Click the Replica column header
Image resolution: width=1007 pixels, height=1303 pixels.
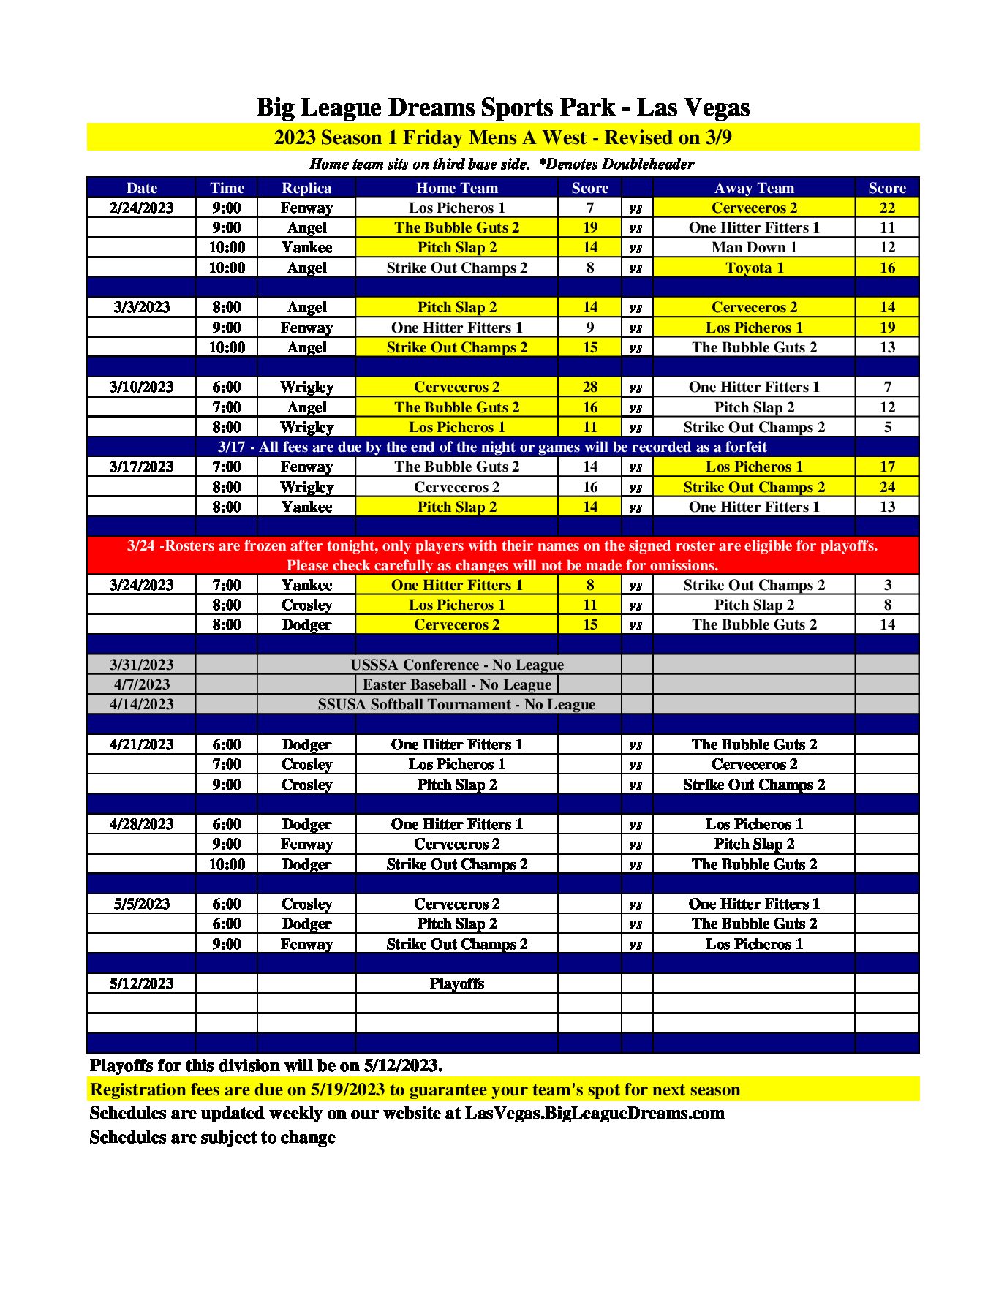click(306, 188)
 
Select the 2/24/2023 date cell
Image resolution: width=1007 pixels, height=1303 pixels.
click(141, 208)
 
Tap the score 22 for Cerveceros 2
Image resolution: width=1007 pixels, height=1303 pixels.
click(886, 208)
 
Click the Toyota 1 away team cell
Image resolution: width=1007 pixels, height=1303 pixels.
click(754, 268)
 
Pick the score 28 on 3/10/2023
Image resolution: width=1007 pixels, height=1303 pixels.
click(589, 387)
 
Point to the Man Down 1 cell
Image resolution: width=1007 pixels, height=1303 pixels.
click(754, 247)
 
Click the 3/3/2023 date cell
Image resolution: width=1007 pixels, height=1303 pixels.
click(141, 307)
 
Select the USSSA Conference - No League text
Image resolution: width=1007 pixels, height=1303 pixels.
click(457, 665)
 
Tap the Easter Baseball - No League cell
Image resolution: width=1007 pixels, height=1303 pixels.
click(457, 684)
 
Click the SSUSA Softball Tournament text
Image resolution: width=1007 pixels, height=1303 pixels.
click(456, 704)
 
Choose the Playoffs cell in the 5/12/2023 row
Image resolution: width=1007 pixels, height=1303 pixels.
click(457, 983)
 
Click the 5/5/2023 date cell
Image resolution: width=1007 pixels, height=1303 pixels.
click(141, 904)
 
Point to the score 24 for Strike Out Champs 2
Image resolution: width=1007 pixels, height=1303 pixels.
click(886, 487)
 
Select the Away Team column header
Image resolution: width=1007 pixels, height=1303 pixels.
click(754, 188)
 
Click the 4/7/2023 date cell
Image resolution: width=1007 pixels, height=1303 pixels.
click(141, 684)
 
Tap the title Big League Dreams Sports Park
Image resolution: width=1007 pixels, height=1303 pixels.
click(503, 107)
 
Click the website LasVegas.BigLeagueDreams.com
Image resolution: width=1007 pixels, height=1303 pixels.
click(595, 1113)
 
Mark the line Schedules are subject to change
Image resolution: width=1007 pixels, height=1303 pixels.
click(213, 1137)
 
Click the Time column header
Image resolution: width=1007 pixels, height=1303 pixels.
click(227, 188)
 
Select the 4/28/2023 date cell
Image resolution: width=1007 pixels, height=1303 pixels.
click(141, 824)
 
